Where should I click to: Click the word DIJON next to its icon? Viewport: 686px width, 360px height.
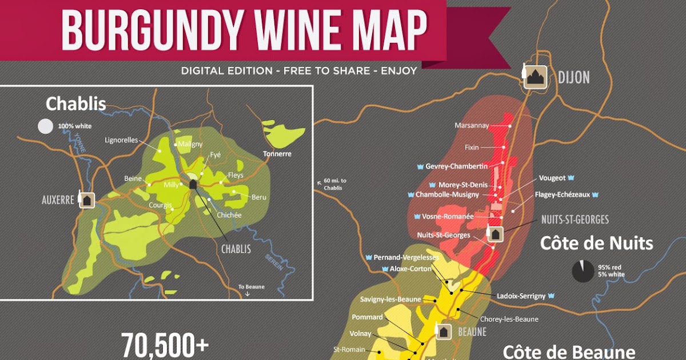[x=573, y=77]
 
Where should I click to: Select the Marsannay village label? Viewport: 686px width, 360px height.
[x=472, y=126]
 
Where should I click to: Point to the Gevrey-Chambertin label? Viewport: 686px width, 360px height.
[x=456, y=166]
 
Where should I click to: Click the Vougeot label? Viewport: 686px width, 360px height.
[x=552, y=178]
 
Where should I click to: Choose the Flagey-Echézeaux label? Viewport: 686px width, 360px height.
[x=563, y=195]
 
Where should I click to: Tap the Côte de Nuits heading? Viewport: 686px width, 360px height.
[x=596, y=244]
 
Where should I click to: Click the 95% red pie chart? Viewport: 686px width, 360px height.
[x=583, y=271]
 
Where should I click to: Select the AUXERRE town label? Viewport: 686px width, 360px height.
[x=58, y=201]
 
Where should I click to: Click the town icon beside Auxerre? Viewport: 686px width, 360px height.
[x=86, y=200]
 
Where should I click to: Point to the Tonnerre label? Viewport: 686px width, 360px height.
[x=277, y=154]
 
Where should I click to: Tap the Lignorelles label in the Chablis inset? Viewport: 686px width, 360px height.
[x=122, y=139]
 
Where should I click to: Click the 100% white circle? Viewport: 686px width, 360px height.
[x=45, y=126]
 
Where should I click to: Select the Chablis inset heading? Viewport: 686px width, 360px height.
[x=76, y=104]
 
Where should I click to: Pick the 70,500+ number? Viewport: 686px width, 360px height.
[x=165, y=345]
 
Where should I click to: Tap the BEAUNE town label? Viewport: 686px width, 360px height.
[x=472, y=332]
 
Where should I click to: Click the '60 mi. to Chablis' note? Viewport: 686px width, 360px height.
[x=335, y=185]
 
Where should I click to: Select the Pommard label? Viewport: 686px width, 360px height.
[x=367, y=317]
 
